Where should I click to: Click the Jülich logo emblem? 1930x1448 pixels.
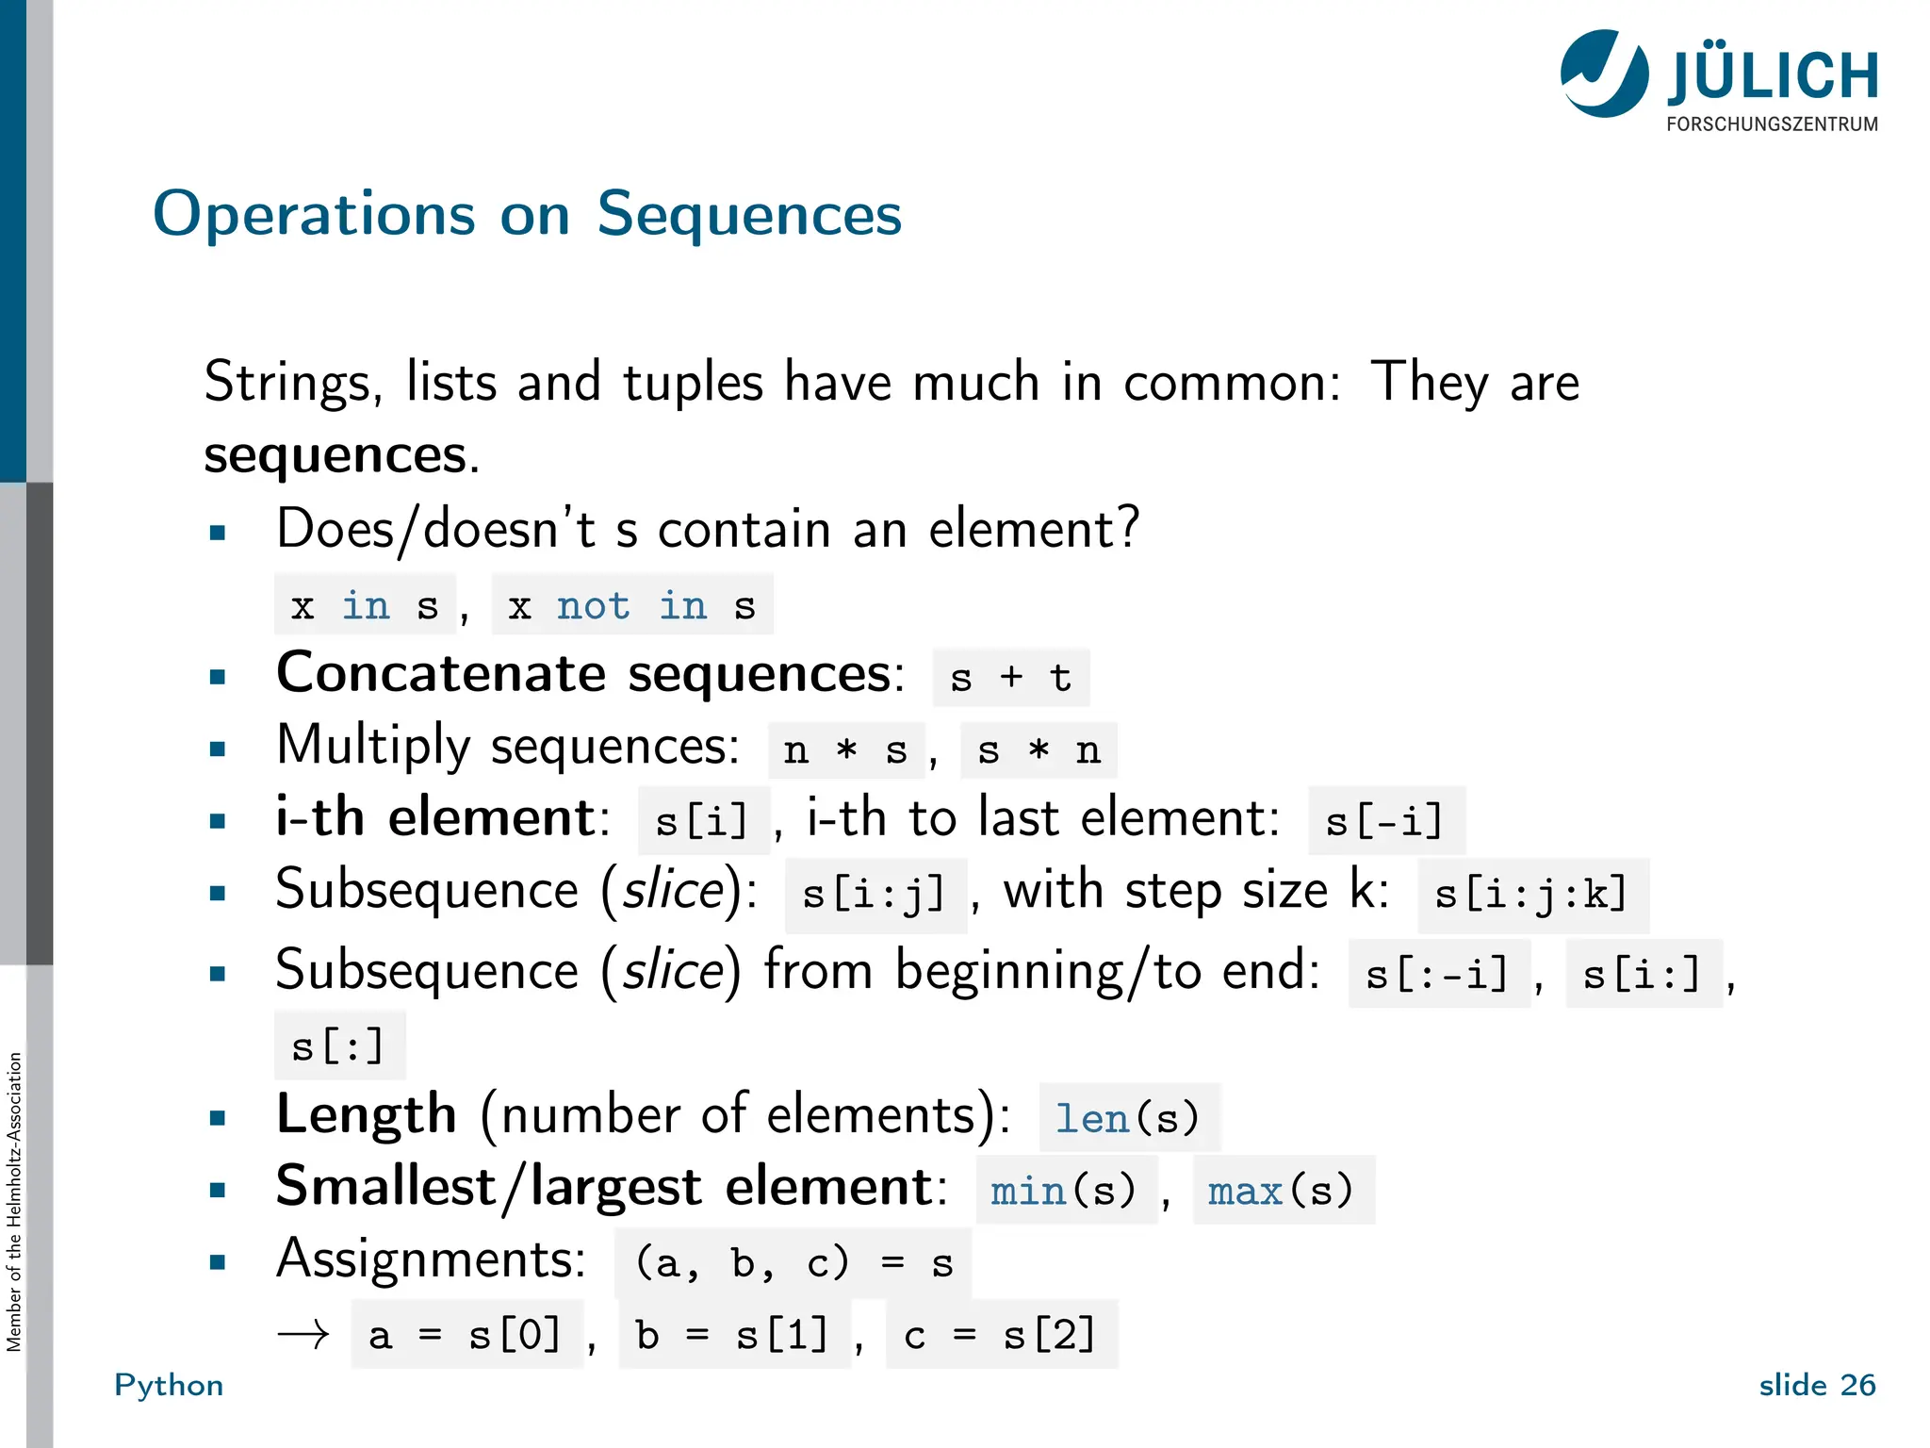[1604, 74]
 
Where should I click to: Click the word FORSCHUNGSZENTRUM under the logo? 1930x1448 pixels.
[1772, 124]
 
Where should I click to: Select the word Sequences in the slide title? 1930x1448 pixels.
[749, 214]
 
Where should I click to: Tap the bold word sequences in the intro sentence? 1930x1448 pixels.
[335, 454]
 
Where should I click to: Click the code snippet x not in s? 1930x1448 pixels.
[631, 605]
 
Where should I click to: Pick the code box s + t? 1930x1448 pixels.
[1010, 678]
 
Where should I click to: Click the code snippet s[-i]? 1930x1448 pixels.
[1384, 821]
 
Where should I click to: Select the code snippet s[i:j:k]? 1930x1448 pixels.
[1531, 894]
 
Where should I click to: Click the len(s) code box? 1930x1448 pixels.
[1127, 1119]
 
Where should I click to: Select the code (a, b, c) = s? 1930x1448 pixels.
[793, 1263]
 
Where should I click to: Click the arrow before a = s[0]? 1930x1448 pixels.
[303, 1335]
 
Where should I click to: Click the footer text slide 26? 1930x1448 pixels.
[1817, 1385]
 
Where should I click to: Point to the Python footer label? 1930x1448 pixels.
[169, 1385]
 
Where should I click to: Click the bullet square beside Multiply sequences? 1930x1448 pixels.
[218, 749]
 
